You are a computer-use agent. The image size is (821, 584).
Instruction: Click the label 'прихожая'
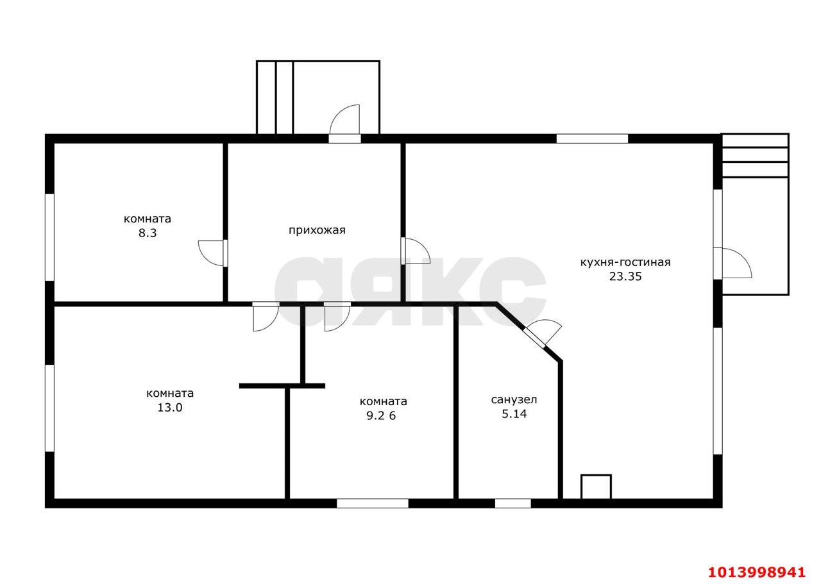pos(317,230)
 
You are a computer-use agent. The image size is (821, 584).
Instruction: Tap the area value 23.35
pos(625,276)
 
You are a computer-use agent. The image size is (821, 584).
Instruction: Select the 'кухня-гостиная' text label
pos(625,262)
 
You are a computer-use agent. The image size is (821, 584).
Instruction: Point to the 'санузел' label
pos(514,400)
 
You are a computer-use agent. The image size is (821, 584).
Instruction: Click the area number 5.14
pos(514,413)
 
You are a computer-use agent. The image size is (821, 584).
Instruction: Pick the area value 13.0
pos(170,408)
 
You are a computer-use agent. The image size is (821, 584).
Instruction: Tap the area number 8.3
pos(148,233)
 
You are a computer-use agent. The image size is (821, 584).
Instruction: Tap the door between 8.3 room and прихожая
pos(212,253)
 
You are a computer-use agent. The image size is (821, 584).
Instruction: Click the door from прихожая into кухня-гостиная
pos(415,251)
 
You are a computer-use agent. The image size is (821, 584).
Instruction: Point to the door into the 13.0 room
pos(266,317)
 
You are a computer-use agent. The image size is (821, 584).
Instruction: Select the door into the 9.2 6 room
pos(337,317)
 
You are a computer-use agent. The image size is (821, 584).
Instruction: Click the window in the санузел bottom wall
pos(512,503)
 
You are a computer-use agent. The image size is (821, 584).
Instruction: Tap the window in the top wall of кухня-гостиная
pos(592,138)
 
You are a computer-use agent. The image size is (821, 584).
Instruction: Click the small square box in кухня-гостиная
pos(596,487)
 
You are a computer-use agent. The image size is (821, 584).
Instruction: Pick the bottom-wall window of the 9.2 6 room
pos(373,503)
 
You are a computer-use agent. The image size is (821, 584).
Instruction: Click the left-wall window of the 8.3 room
pos(49,237)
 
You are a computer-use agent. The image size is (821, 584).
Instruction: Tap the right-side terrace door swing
pos(732,263)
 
